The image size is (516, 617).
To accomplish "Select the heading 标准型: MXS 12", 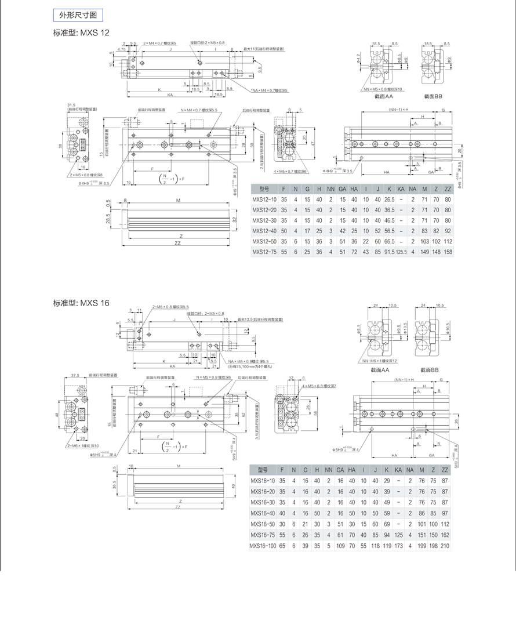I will (x=81, y=33).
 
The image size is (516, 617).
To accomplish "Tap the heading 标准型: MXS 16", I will (x=81, y=302).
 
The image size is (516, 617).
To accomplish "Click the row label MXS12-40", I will (x=264, y=231).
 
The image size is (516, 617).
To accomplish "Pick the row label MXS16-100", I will (x=263, y=546).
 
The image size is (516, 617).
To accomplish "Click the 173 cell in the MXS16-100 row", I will (x=398, y=546).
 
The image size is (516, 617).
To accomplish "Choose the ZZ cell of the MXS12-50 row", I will (x=448, y=241).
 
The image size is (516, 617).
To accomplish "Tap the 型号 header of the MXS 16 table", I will (x=263, y=470).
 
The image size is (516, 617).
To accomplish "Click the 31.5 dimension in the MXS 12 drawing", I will (x=72, y=105).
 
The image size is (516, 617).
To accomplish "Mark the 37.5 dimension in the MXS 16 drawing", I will (x=75, y=375).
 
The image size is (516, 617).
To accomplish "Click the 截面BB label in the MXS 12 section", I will (x=433, y=96).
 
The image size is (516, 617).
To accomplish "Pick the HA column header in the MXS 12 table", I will (x=354, y=189).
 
